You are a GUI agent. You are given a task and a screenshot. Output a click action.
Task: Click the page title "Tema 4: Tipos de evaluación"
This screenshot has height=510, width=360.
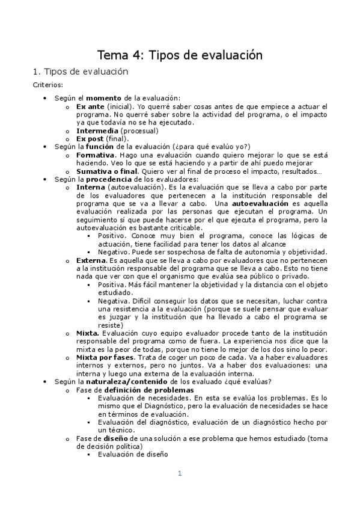click(180, 55)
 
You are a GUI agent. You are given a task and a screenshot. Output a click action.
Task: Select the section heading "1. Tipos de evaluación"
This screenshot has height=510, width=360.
click(81, 72)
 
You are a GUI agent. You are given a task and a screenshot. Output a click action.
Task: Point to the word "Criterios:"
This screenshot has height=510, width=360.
click(47, 85)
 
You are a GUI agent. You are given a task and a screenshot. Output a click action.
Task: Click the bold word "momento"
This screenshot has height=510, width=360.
click(103, 98)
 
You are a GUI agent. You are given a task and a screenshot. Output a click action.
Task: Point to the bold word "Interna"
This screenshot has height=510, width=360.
click(90, 187)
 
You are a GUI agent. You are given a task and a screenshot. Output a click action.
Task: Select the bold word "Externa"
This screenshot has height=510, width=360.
click(91, 260)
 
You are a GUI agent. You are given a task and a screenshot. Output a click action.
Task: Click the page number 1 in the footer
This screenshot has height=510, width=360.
click(179, 474)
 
